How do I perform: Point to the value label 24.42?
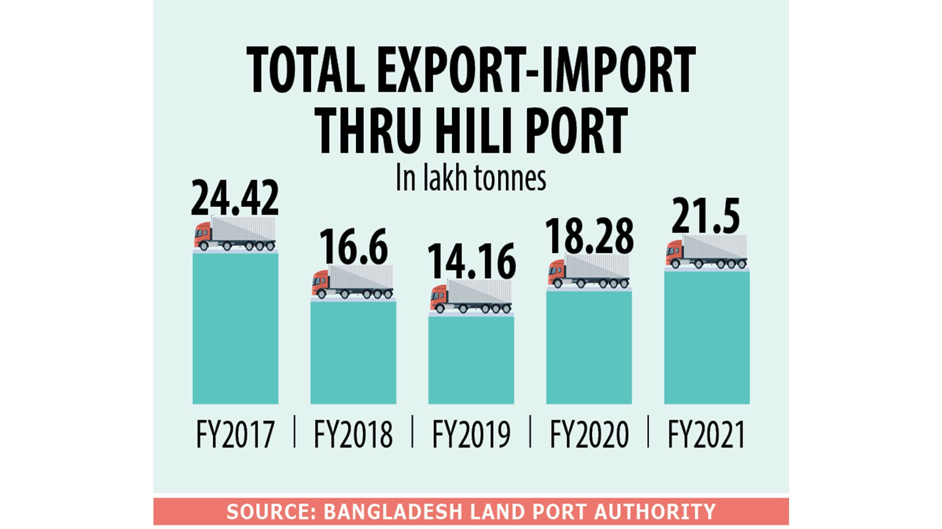pos(235,198)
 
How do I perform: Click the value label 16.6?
pos(353,247)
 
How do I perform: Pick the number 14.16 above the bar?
pos(471,262)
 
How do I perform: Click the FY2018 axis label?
pos(353,434)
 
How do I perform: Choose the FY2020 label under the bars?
pos(589,434)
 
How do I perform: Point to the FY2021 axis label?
pos(706,434)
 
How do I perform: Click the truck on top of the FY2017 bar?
pos(235,234)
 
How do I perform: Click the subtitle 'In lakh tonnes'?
pos(471,178)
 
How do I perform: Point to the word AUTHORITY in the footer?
pos(655,512)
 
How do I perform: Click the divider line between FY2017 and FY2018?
pos(295,432)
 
